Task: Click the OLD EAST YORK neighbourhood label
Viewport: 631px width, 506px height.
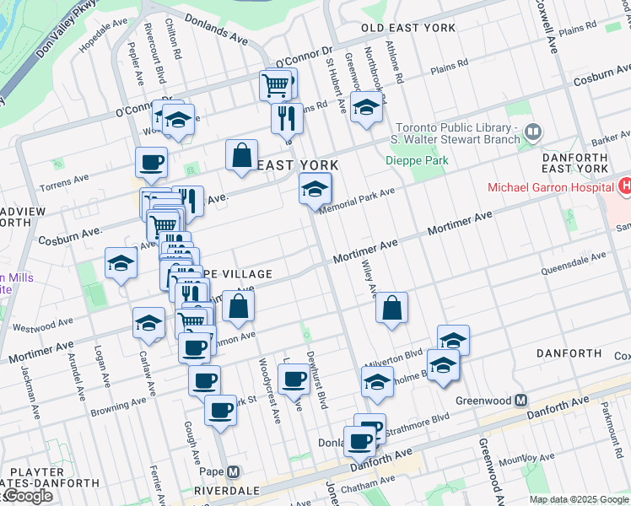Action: (408, 28)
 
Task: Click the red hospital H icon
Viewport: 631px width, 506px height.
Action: (625, 185)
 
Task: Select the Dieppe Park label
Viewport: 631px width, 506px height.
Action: (417, 160)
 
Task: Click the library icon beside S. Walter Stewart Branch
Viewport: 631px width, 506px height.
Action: (532, 132)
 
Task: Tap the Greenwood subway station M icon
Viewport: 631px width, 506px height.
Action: (521, 400)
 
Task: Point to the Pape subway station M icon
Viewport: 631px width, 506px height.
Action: (234, 471)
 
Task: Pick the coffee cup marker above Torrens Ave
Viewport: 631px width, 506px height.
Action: (151, 162)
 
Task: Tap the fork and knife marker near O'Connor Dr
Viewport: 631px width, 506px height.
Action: (287, 117)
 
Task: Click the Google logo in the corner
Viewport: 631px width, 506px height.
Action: (27, 496)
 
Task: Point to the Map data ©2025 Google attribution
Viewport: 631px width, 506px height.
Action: (579, 499)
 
